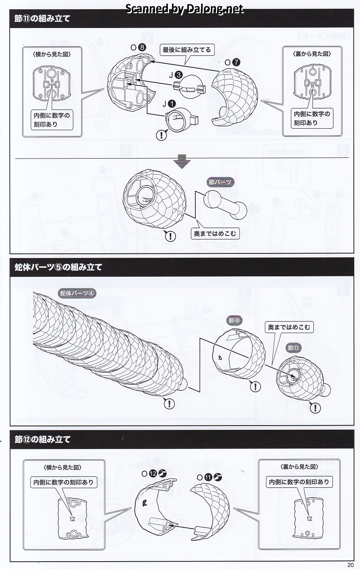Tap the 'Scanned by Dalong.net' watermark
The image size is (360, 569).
pyautogui.click(x=184, y=9)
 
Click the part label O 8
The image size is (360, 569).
pyautogui.click(x=138, y=47)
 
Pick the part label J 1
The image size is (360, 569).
pyautogui.click(x=168, y=103)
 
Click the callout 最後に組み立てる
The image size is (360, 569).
pyautogui.click(x=187, y=50)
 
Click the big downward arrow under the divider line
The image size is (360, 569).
pyautogui.click(x=181, y=161)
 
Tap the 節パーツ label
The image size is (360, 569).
pyautogui.click(x=220, y=182)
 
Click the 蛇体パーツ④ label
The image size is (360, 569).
pyautogui.click(x=77, y=293)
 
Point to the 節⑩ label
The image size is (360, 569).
pyautogui.click(x=235, y=321)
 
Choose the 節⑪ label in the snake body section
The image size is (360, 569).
pyautogui.click(x=294, y=348)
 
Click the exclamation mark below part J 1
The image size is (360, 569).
pyautogui.click(x=161, y=135)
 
